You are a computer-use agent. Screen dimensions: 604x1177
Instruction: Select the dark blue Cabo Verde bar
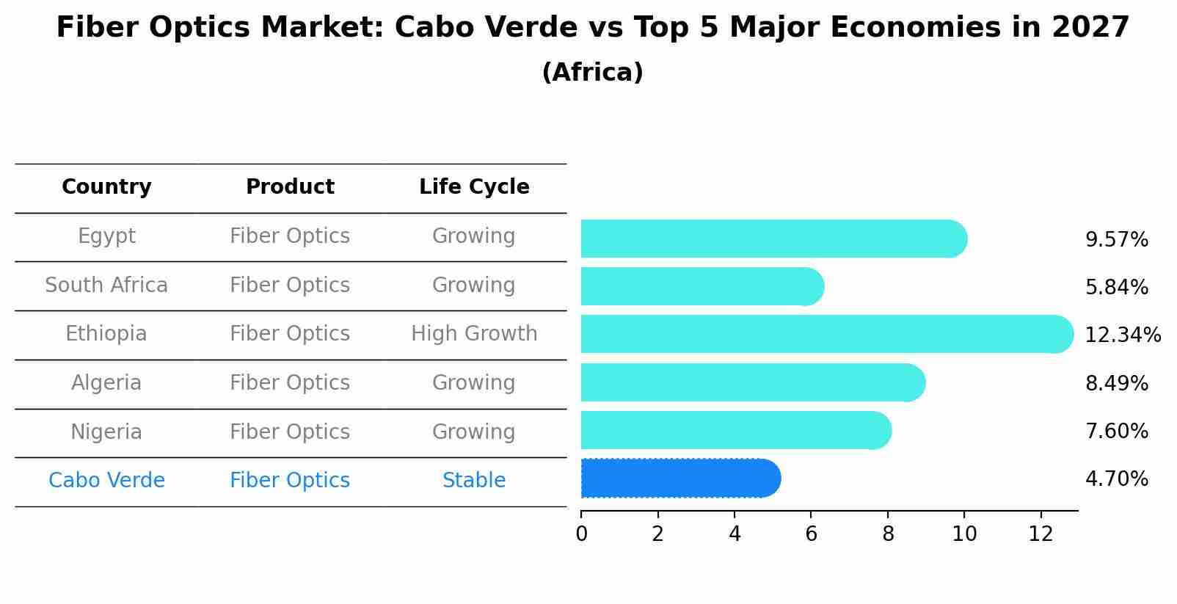coord(679,479)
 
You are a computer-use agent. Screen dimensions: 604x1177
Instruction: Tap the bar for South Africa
coord(702,286)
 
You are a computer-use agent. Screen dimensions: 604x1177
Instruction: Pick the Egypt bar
coord(773,239)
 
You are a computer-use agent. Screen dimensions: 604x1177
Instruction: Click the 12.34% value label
coord(1122,335)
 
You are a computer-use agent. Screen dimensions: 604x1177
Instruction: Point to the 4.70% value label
coord(1116,479)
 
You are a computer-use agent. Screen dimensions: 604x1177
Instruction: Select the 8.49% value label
coord(1116,383)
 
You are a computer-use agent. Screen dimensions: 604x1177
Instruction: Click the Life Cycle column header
coord(474,187)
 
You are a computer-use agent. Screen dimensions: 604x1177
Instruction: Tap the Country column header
coord(106,187)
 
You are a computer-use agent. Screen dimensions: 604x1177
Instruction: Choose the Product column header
coord(290,187)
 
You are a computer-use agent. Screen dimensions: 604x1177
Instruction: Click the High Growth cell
coord(474,334)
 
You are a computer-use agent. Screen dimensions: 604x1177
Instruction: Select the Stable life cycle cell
coord(474,481)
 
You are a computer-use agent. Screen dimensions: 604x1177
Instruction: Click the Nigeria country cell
coord(106,432)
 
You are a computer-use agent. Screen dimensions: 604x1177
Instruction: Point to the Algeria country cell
coord(106,383)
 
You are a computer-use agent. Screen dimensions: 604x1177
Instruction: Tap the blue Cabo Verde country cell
coord(106,481)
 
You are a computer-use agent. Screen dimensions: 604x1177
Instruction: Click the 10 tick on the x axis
coord(964,534)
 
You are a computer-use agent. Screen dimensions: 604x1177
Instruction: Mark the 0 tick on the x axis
coord(581,534)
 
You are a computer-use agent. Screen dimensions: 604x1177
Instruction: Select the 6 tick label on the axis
coord(811,534)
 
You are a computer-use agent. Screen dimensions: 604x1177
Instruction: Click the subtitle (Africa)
coord(592,73)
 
